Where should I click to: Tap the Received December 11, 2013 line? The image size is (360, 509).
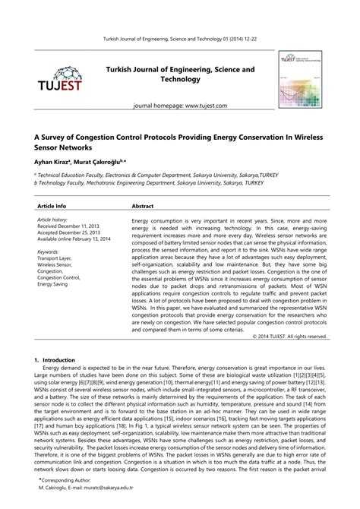(x=69, y=226)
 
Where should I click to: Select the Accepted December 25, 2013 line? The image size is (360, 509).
(x=69, y=232)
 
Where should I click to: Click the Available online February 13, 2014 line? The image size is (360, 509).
(x=74, y=238)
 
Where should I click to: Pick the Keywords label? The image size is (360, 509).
(x=48, y=251)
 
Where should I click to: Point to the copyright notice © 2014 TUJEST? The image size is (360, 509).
(x=292, y=335)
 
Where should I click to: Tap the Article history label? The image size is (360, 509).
(x=53, y=219)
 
